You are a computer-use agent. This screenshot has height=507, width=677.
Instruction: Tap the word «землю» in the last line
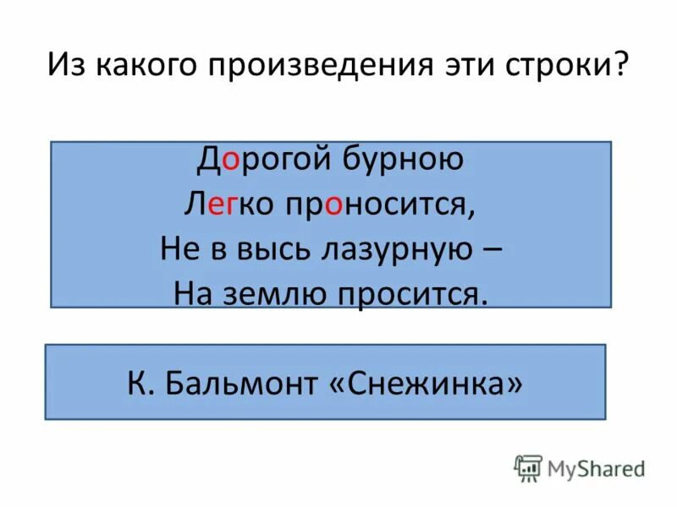click(264, 292)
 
